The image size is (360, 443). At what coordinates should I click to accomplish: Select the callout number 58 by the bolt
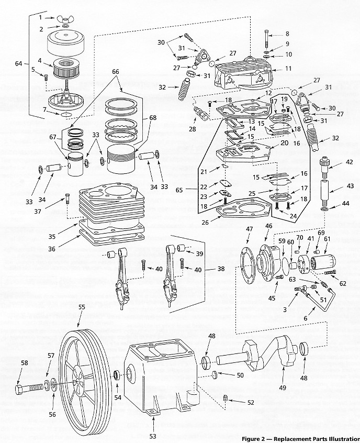(x=24, y=362)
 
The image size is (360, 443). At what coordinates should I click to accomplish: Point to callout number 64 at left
(x=19, y=64)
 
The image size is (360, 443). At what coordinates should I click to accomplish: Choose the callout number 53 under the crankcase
(x=153, y=435)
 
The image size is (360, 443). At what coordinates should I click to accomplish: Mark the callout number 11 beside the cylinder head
(x=287, y=69)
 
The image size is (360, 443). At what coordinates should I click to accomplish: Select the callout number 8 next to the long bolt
(x=287, y=34)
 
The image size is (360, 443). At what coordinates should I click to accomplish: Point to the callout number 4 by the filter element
(x=40, y=61)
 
